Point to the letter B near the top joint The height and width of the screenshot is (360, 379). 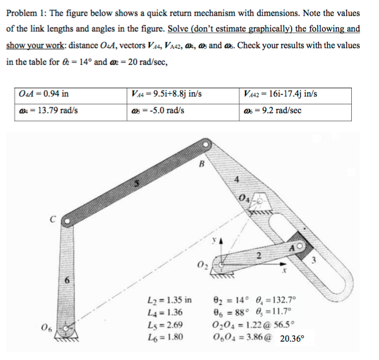pos(201,164)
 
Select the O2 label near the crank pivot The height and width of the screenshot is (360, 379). pos(203,263)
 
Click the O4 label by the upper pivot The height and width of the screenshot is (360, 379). pos(245,198)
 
